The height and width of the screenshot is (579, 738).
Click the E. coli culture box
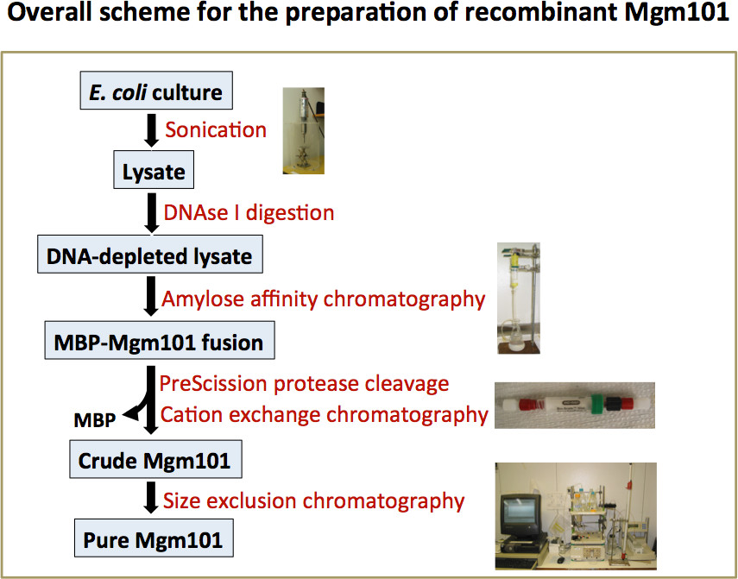click(x=155, y=92)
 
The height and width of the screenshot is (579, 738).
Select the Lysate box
click(x=154, y=171)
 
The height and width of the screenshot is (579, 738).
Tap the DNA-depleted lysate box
click(x=150, y=256)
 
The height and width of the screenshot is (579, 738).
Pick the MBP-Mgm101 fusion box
click(x=158, y=343)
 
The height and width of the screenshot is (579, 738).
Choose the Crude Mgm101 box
click(x=155, y=461)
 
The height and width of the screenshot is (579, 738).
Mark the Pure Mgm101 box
click(x=153, y=541)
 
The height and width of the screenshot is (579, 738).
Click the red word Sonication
click(x=216, y=130)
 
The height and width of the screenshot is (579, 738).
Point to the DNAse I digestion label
click(x=248, y=212)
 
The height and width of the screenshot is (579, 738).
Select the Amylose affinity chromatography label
click(x=324, y=299)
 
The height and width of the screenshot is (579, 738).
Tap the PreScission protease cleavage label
click(x=305, y=381)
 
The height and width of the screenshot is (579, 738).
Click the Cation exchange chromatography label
click(x=325, y=414)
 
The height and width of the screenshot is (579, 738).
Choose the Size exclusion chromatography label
click(x=314, y=500)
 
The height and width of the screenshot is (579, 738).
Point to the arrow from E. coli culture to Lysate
click(x=152, y=131)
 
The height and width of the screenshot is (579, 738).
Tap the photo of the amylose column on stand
click(x=519, y=299)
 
